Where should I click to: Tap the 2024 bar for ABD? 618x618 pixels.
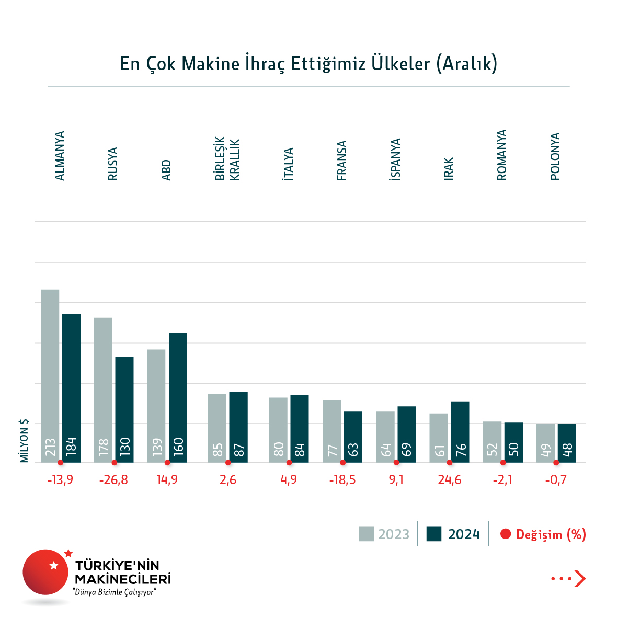click(x=178, y=397)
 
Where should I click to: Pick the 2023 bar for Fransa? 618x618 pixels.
click(x=331, y=431)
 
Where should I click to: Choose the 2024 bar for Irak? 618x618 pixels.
click(x=460, y=432)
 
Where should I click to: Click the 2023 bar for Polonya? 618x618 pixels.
click(x=545, y=443)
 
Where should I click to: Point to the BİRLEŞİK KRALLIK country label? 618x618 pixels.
click(x=227, y=159)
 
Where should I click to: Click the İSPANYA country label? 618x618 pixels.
click(x=396, y=159)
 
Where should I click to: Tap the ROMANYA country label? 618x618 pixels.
click(x=502, y=155)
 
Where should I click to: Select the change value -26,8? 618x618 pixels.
click(x=113, y=480)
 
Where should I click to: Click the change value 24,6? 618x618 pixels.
click(x=450, y=480)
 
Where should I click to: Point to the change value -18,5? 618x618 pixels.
click(x=342, y=480)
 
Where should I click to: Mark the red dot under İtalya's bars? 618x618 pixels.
click(x=289, y=463)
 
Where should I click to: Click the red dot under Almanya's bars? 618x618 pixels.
click(x=61, y=463)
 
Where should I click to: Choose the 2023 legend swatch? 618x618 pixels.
click(x=367, y=534)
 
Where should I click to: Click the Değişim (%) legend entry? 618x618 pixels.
click(x=543, y=534)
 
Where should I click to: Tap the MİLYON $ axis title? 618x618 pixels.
click(x=24, y=440)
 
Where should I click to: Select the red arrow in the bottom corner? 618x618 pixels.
click(x=579, y=578)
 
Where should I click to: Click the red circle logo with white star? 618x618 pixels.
click(x=45, y=572)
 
